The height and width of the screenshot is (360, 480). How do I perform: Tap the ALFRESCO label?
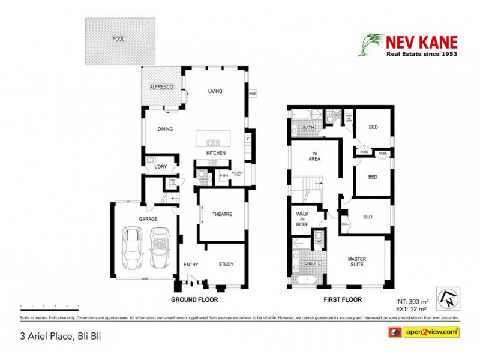(x=161, y=88)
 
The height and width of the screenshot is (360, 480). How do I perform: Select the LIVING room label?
(x=215, y=91)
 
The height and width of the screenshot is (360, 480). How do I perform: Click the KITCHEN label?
(x=216, y=154)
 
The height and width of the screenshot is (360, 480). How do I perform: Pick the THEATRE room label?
(x=222, y=214)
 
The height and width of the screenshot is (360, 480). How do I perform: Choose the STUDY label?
(x=226, y=264)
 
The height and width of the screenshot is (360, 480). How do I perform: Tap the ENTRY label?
(x=191, y=264)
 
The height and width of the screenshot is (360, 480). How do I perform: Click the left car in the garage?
(x=132, y=248)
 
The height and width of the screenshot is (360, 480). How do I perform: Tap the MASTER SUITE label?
(x=357, y=262)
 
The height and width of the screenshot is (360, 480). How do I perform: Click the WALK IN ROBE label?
(x=303, y=219)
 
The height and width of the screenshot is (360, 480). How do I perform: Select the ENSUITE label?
(x=313, y=263)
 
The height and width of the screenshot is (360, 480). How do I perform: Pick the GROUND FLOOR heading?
(x=194, y=299)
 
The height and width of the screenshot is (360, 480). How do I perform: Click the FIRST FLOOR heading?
(x=341, y=299)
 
